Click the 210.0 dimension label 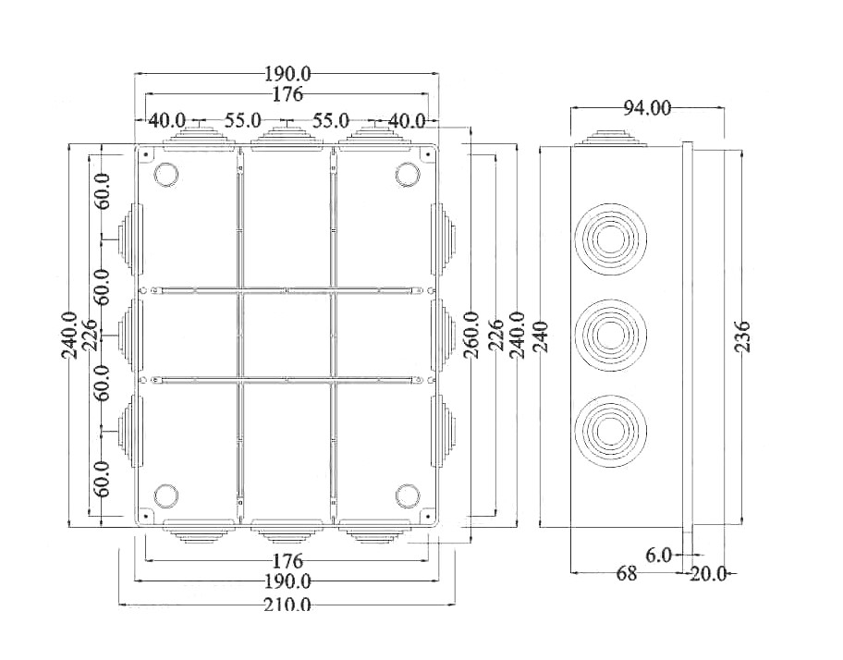(287, 605)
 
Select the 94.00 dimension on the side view (647, 108)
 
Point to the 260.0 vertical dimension (471, 335)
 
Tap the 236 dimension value (742, 337)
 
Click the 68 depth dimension (626, 573)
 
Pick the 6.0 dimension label (658, 556)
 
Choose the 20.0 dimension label (708, 574)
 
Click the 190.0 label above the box (287, 74)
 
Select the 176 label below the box (287, 562)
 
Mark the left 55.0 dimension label (243, 120)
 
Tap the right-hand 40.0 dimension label (407, 121)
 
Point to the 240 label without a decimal (541, 336)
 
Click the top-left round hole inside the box (166, 175)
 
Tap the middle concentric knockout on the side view (610, 335)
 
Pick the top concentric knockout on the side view (610, 238)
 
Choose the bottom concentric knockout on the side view (610, 432)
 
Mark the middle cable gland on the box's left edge (130, 335)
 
